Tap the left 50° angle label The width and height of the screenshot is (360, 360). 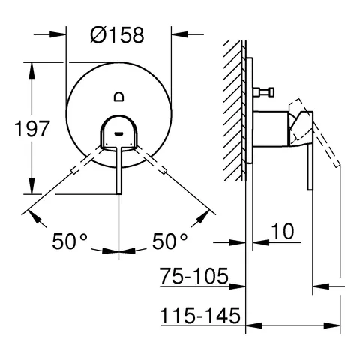coord(70,241)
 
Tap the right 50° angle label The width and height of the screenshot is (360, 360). coord(169,241)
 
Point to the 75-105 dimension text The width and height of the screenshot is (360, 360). coord(193,277)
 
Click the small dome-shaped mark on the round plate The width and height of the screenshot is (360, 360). coord(119,94)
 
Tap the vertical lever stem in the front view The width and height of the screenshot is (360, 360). coord(119,169)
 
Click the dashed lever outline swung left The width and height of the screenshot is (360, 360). coord(80,166)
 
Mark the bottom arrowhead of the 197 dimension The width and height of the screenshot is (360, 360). coord(31,190)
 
